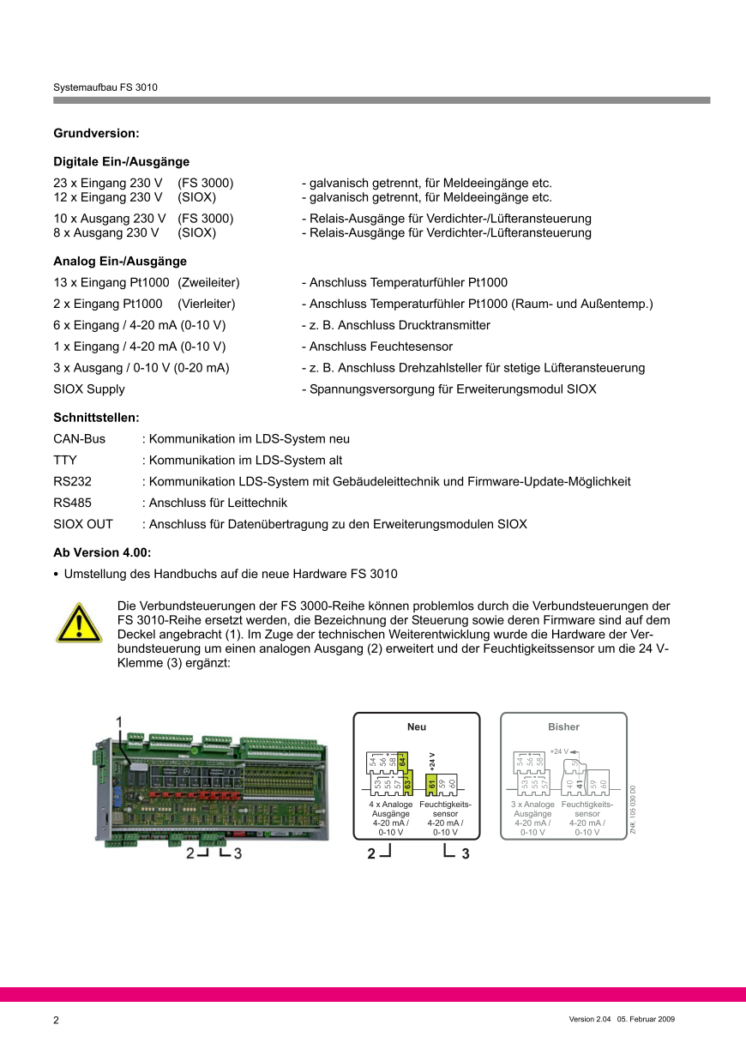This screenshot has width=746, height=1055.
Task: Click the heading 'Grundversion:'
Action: pyautogui.click(x=96, y=133)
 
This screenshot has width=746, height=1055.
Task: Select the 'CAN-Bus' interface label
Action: pyautogui.click(x=80, y=439)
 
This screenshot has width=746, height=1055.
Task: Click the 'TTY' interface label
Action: pyautogui.click(x=65, y=461)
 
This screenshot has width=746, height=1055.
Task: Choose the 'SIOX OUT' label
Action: pyautogui.click(x=83, y=524)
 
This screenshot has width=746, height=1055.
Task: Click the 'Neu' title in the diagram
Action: pyautogui.click(x=417, y=727)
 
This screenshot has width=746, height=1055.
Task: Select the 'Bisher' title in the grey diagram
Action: pyautogui.click(x=563, y=727)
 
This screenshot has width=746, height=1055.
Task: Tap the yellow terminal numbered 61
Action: pyautogui.click(x=432, y=783)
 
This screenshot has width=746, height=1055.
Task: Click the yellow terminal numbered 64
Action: pyautogui.click(x=402, y=760)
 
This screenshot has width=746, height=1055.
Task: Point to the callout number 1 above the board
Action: pyautogui.click(x=120, y=721)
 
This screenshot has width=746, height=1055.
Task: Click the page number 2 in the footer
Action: pyautogui.click(x=57, y=1020)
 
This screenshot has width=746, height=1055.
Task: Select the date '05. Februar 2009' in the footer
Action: pyautogui.click(x=647, y=1019)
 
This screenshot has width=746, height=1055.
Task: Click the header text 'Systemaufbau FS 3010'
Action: pyautogui.click(x=105, y=87)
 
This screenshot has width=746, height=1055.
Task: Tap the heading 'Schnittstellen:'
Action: pyautogui.click(x=96, y=418)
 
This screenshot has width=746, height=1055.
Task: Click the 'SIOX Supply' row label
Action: pyautogui.click(x=89, y=389)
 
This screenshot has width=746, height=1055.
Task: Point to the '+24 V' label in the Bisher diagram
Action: pyautogui.click(x=559, y=751)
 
